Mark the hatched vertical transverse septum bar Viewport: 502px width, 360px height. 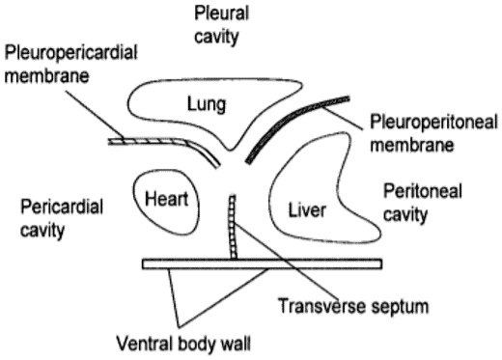(x=232, y=227)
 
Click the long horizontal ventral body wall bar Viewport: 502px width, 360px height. (x=261, y=263)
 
